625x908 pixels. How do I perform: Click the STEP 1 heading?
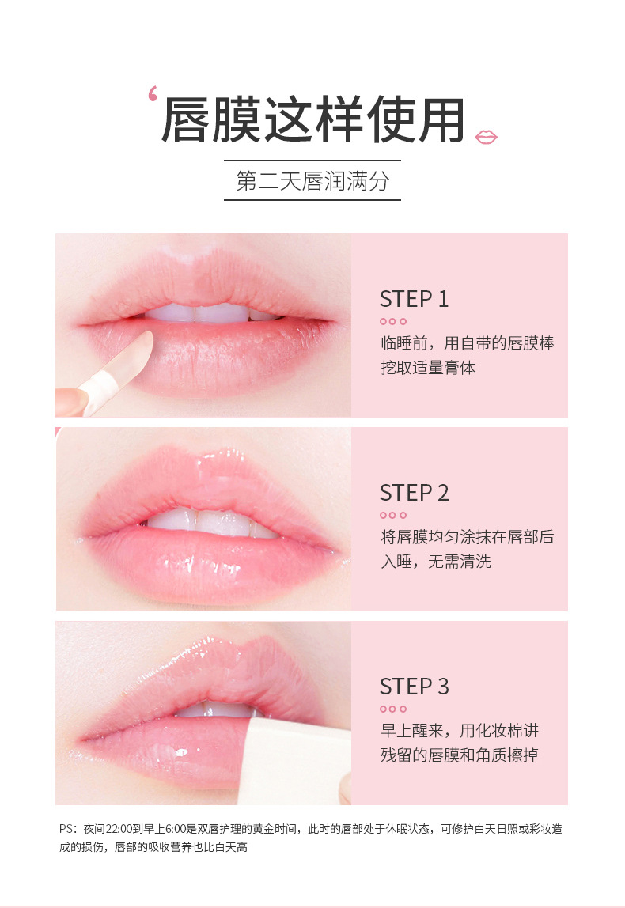[x=414, y=299]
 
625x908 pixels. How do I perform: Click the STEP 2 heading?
[x=414, y=493]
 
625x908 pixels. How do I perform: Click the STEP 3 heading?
[x=414, y=687]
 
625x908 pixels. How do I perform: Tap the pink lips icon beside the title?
[x=486, y=138]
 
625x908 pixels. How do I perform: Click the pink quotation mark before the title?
[x=153, y=93]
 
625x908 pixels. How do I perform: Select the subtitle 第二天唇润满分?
[x=312, y=181]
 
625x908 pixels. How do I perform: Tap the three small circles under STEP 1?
[x=393, y=321]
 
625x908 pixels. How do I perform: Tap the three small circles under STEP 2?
[x=393, y=515]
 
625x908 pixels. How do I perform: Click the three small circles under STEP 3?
[x=393, y=709]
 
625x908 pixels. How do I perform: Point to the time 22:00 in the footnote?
[x=119, y=829]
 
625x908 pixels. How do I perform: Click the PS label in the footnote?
[x=66, y=829]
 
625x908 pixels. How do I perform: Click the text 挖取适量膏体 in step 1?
[x=428, y=368]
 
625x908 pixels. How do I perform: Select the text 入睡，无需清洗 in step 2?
[x=436, y=561]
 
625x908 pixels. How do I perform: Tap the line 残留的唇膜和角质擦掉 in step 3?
[x=460, y=755]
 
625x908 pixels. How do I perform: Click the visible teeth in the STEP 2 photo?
[x=211, y=523]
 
